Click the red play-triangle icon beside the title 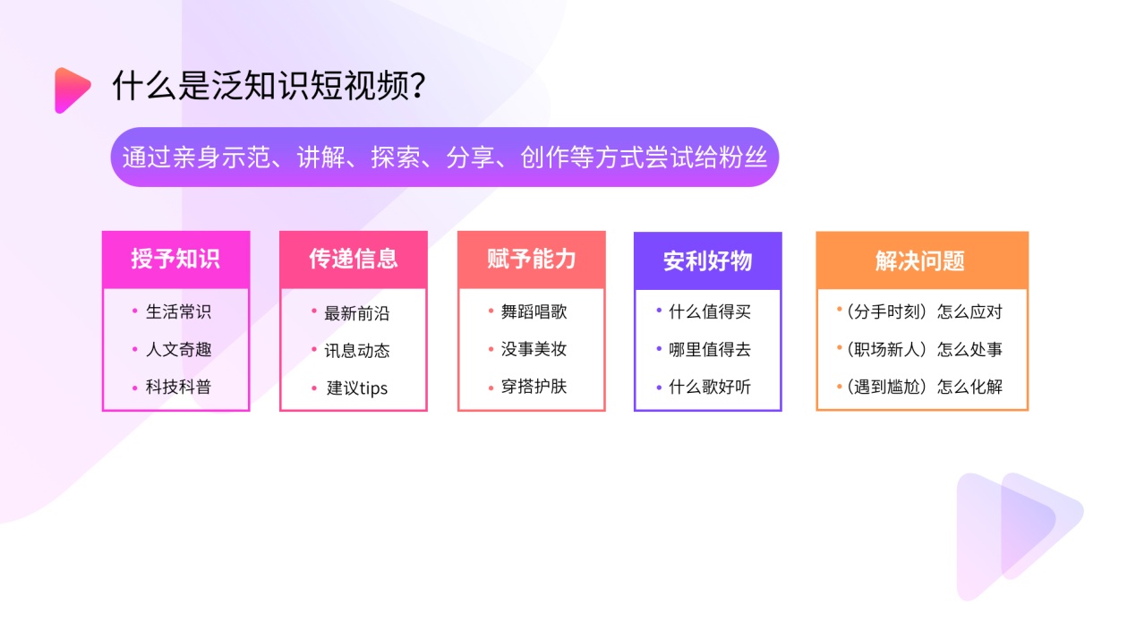[71, 89]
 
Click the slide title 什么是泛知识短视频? [269, 85]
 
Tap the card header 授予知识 [175, 259]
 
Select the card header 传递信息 [354, 259]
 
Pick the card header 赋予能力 [532, 259]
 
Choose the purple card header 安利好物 [708, 260]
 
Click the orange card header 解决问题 [920, 260]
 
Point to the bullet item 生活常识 [178, 311]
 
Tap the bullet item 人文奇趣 [178, 349]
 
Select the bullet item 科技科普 [178, 387]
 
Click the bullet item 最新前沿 [357, 313]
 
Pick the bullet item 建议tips [357, 388]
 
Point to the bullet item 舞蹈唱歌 [534, 311]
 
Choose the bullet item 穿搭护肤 [534, 387]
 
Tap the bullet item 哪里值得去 [710, 349]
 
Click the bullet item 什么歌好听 [710, 387]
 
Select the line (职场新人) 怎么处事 [925, 349]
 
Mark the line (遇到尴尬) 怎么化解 [925, 387]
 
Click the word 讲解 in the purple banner [321, 158]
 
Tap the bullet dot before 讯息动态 [314, 349]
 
